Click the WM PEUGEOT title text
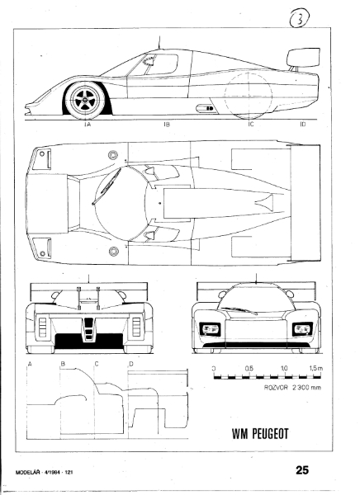pos(260,434)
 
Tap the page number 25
pos(302,470)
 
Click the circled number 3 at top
pos(300,19)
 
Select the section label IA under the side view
pos(88,124)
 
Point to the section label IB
pos(167,124)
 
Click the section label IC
pos(250,124)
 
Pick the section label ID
pos(303,124)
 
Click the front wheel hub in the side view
pos(85,100)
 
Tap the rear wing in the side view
pos(303,58)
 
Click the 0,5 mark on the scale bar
pos(249,368)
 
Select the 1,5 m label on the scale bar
pos(316,368)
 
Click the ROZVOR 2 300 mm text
pos(292,388)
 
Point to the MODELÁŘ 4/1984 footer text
pos(45,472)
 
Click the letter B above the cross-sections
pos(63,364)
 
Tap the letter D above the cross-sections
pos(131,364)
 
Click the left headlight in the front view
pos(211,329)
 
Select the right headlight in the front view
pos(302,329)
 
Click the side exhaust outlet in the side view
pos(205,109)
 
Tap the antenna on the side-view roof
pos(159,42)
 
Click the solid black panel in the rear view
pos(89,342)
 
